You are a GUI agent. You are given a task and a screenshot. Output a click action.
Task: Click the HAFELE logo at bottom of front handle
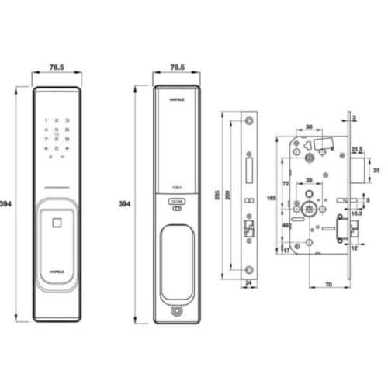coord(57,272)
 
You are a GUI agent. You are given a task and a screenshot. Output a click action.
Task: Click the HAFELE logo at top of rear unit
coord(176,100)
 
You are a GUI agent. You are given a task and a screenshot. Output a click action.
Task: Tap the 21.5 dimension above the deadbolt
coord(357,148)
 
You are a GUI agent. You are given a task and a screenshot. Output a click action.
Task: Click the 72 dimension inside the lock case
coord(285,185)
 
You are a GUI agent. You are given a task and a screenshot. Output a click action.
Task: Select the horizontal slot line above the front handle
coord(57,189)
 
